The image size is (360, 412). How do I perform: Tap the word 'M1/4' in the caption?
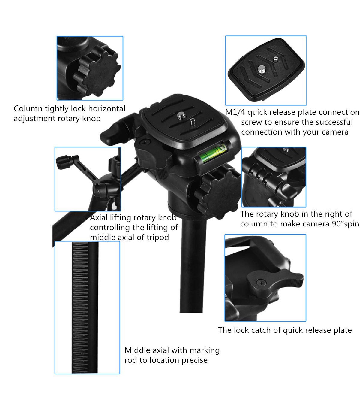pyautogui.click(x=235, y=112)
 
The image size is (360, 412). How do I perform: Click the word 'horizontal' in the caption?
pyautogui.click(x=107, y=108)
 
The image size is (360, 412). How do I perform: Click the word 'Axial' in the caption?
pyautogui.click(x=99, y=217)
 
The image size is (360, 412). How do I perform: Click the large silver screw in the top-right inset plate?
pyautogui.click(x=262, y=69)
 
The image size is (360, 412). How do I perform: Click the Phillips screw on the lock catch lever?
pyautogui.click(x=261, y=283)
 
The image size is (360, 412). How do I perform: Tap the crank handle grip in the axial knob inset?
pyautogui.click(x=64, y=162)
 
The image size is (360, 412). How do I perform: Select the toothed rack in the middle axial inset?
pyautogui.click(x=80, y=307)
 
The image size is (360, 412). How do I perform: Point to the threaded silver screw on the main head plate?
pyautogui.click(x=181, y=116)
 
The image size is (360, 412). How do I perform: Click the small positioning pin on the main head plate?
pyautogui.click(x=192, y=122)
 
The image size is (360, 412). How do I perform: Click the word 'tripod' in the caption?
pyautogui.click(x=158, y=238)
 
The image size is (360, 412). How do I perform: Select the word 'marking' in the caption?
pyautogui.click(x=205, y=350)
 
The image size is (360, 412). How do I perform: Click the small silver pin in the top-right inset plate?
pyautogui.click(x=276, y=59)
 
